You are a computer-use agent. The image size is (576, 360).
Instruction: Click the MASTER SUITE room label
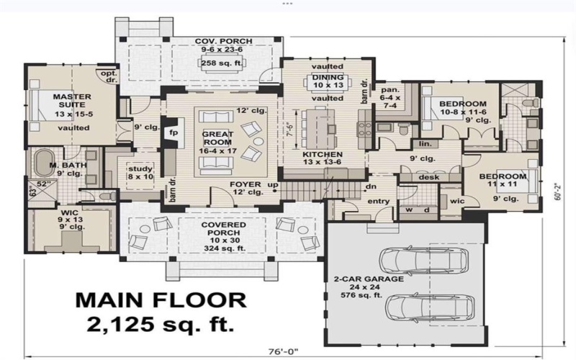[70, 101]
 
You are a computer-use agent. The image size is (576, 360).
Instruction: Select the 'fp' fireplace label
[173, 133]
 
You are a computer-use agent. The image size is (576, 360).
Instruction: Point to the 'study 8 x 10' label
[140, 172]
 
